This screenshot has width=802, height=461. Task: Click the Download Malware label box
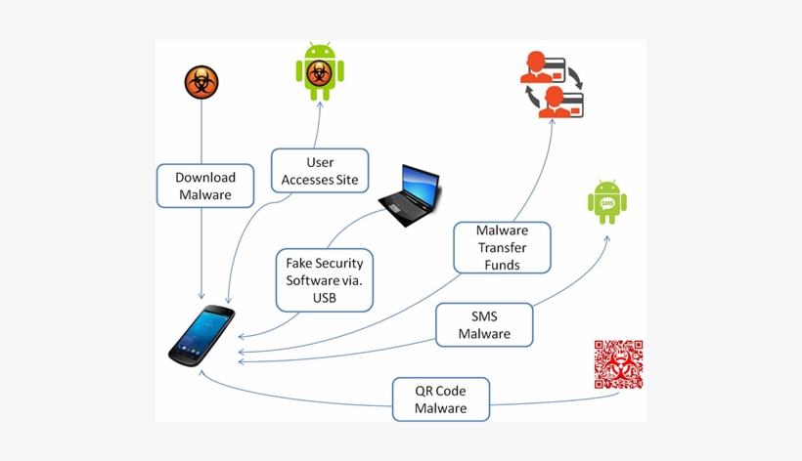coord(205,186)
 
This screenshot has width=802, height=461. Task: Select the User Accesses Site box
coord(320,171)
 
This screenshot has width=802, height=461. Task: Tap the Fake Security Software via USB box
coord(324,279)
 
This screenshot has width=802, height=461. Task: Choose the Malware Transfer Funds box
coord(502,247)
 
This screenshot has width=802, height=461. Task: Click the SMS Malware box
coord(485,324)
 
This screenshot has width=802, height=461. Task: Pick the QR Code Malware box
coord(440,398)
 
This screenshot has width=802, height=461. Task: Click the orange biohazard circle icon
coord(201,83)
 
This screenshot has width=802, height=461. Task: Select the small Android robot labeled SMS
coord(607,202)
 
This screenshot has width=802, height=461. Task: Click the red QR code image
coord(618,365)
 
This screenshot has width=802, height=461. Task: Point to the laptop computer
coord(410,196)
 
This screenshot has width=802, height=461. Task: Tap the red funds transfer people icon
coord(551,84)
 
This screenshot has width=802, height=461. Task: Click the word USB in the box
coord(325,297)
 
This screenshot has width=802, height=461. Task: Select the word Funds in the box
coord(502,265)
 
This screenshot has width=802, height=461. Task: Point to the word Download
coord(205,178)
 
